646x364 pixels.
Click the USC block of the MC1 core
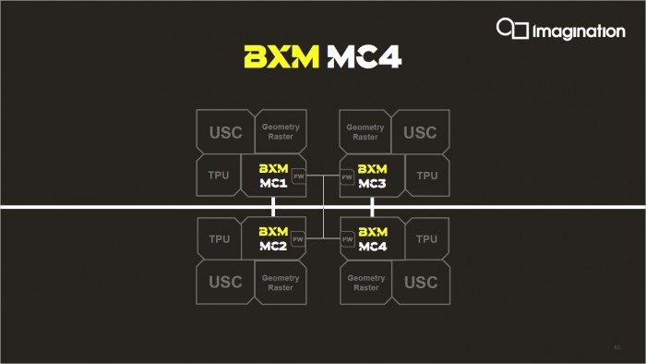pos(224,132)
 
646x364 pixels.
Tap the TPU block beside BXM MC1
pos(219,176)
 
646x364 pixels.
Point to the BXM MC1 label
pos(273,176)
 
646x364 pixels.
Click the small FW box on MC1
pos(298,176)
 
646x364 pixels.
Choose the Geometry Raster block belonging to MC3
pos(365,132)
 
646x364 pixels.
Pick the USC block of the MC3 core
pos(420,132)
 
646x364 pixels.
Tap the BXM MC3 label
pos(373,176)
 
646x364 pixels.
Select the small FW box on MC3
pos(347,176)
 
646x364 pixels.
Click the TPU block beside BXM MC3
pos(426,176)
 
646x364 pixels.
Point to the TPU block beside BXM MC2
pos(219,239)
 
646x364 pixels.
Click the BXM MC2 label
pos(273,238)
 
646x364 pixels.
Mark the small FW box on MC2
pos(298,239)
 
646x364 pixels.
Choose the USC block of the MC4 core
pos(420,282)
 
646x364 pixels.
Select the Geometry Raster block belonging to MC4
pos(365,282)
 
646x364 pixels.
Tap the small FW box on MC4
pos(347,239)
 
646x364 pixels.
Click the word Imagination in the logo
pos(579,31)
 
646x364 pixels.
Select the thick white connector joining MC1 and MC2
pos(273,207)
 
